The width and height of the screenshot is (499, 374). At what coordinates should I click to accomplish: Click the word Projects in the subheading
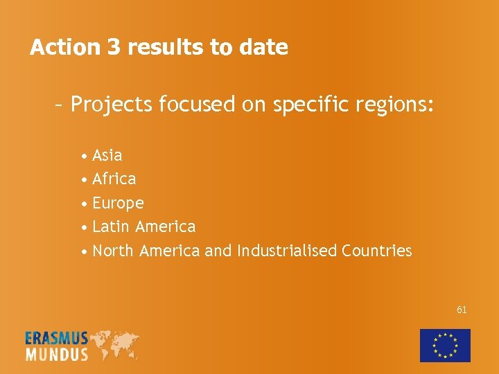(x=112, y=105)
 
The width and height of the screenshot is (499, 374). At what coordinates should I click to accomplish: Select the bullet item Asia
(x=107, y=155)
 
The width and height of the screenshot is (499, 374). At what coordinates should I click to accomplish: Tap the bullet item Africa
(x=114, y=179)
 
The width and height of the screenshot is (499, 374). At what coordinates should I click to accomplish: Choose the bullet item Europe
(x=118, y=204)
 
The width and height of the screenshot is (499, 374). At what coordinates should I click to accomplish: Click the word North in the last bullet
(x=113, y=251)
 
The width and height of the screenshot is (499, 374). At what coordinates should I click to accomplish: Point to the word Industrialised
(x=287, y=251)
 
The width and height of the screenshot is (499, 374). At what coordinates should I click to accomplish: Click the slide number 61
(x=462, y=310)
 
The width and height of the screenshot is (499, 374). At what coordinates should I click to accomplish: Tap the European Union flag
(x=445, y=345)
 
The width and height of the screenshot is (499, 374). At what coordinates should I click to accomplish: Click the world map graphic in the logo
(x=114, y=344)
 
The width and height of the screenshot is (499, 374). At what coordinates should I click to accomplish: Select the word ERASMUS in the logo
(x=57, y=339)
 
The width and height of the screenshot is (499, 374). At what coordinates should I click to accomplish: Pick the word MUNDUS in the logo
(x=57, y=354)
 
